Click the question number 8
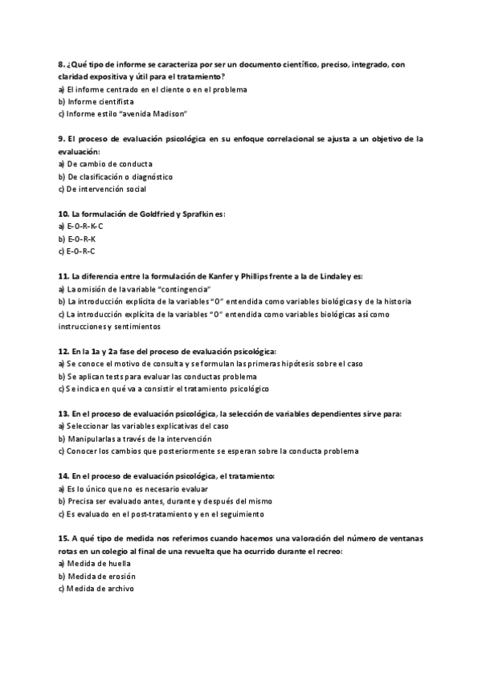62,64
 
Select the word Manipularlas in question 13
94,439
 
